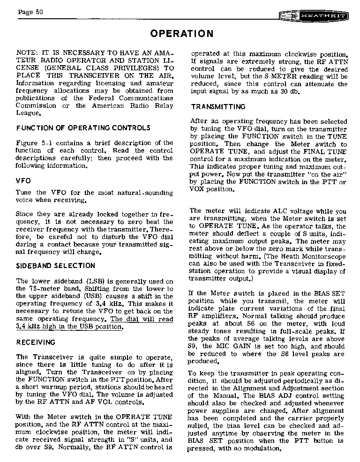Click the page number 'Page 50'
(x=31, y=12)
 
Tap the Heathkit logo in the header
(x=314, y=16)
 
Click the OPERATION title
(x=182, y=34)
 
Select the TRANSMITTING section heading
(x=218, y=107)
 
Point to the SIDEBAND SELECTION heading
(x=55, y=266)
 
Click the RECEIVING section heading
(x=36, y=343)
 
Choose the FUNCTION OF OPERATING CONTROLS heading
(x=83, y=128)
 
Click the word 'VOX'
(x=199, y=189)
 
